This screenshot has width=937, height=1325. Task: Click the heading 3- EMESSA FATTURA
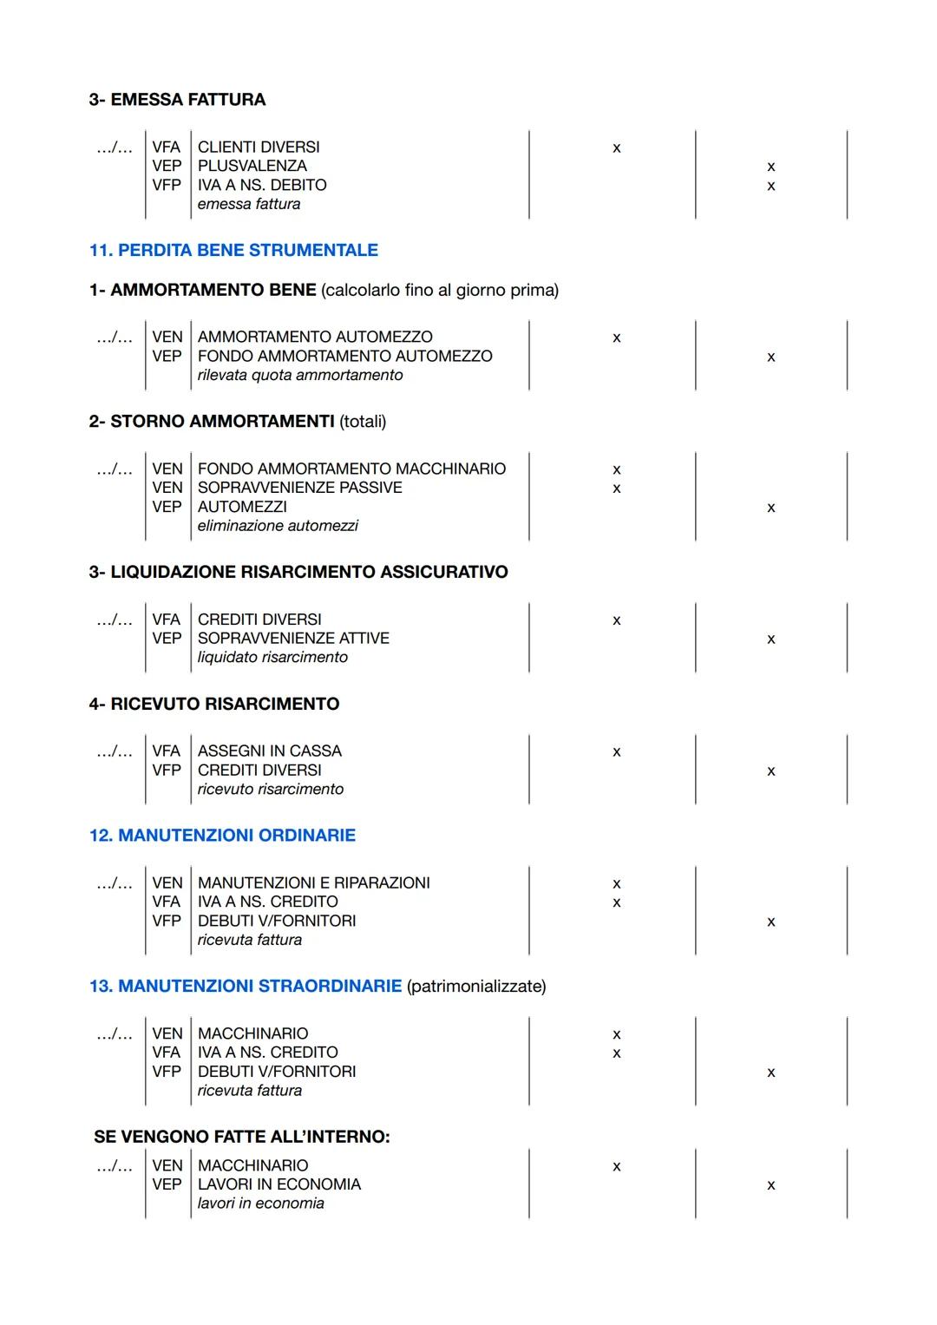pyautogui.click(x=177, y=100)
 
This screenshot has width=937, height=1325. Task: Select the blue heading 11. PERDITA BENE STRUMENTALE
pyautogui.click(x=233, y=250)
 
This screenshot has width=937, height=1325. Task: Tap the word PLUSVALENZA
pyautogui.click(x=252, y=166)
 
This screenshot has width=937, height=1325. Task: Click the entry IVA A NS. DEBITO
pyautogui.click(x=262, y=185)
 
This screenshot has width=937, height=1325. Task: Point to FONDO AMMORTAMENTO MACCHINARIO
pyautogui.click(x=351, y=469)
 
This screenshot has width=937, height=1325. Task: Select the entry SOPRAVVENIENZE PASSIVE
pyautogui.click(x=299, y=488)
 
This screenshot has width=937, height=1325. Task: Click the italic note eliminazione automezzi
pyautogui.click(x=278, y=526)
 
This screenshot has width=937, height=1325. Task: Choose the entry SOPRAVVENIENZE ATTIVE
pyautogui.click(x=293, y=638)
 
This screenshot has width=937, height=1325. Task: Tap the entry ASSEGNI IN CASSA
pyautogui.click(x=269, y=751)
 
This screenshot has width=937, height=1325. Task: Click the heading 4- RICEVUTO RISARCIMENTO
pyautogui.click(x=213, y=704)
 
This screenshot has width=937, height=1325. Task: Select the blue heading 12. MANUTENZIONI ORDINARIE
pyautogui.click(x=222, y=835)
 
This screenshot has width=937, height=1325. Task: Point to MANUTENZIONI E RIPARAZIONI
pyautogui.click(x=313, y=882)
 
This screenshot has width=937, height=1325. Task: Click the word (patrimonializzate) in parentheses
pyautogui.click(x=476, y=986)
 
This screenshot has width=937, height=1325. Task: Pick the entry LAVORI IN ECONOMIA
pyautogui.click(x=278, y=1184)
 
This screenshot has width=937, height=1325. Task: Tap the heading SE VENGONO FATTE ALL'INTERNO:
pyautogui.click(x=241, y=1137)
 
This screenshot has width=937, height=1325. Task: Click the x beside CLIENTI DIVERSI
pyautogui.click(x=616, y=148)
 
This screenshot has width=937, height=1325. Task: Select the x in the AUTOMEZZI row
pyautogui.click(x=770, y=508)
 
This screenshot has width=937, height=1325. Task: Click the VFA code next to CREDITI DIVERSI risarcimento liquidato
pyautogui.click(x=166, y=620)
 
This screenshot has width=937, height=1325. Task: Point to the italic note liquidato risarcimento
pyautogui.click(x=272, y=658)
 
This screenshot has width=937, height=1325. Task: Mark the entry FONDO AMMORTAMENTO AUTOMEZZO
pyautogui.click(x=344, y=356)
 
